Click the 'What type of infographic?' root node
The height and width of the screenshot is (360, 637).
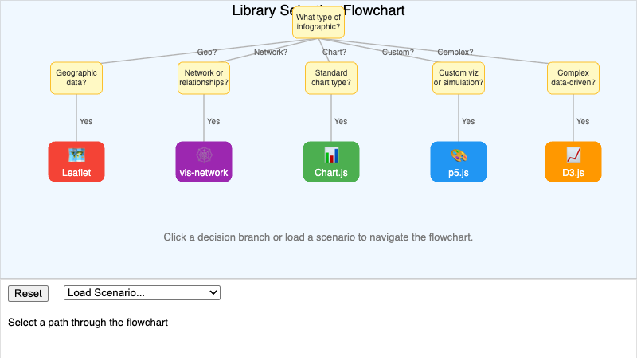point(318,22)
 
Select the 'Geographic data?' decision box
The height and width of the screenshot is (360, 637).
point(76,77)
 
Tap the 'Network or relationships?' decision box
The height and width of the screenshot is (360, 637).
point(204,77)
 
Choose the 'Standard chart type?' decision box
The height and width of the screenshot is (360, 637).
point(331,77)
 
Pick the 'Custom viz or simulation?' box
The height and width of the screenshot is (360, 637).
point(459,77)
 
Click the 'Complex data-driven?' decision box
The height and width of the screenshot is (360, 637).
point(573,77)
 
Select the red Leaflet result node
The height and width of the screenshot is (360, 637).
point(76,162)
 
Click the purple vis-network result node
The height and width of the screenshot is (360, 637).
point(204,162)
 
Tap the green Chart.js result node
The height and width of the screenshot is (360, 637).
point(331,162)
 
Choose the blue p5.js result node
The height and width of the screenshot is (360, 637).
point(459,162)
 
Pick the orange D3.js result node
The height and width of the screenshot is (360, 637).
point(573,162)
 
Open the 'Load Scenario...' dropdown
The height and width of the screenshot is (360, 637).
point(142,293)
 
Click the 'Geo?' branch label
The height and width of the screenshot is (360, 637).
point(207,53)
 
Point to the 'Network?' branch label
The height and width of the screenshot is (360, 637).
point(271,53)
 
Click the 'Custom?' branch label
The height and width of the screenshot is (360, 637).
point(398,53)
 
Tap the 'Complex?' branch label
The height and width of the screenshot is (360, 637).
point(455,53)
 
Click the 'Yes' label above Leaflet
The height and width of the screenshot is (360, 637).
point(86,122)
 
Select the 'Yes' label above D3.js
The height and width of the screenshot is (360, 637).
point(583,122)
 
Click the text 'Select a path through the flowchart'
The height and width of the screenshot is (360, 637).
point(88,323)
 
